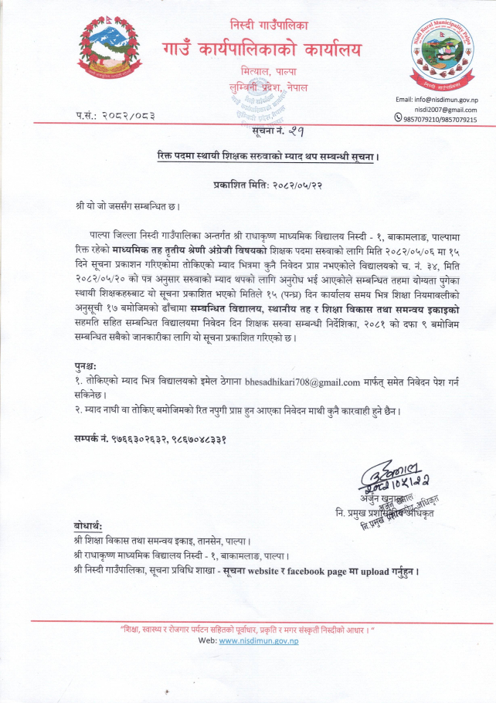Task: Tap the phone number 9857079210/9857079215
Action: tap(440, 120)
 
